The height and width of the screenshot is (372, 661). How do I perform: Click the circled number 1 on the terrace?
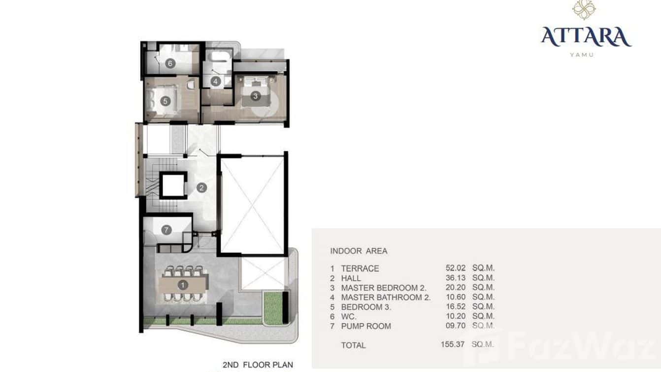pos(183,285)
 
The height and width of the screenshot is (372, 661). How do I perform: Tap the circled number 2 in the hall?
pos(201,187)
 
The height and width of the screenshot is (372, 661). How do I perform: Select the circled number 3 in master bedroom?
pos(255,96)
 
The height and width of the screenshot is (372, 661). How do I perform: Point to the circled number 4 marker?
pos(215,81)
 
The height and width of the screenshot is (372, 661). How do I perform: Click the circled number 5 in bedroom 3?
pos(165,101)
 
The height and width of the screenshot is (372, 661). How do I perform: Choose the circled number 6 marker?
pos(170,63)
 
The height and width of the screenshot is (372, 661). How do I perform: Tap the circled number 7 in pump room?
pos(166,229)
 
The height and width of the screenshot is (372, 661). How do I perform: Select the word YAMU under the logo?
pos(582,55)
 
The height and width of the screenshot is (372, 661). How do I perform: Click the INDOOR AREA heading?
pos(359,251)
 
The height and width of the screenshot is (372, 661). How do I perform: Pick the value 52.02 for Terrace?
pos(454,268)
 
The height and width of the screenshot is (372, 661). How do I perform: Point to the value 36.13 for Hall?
pos(454,278)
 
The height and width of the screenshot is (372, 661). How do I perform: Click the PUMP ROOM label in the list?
pos(366,326)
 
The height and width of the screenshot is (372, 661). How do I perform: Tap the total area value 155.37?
pos(453,344)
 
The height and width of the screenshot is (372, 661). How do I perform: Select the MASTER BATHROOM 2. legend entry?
pos(386,297)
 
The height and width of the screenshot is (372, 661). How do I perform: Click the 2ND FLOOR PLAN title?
pos(258,365)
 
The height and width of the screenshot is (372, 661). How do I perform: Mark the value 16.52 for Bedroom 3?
pos(454,307)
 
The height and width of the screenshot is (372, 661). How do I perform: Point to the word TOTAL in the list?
pos(353,345)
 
